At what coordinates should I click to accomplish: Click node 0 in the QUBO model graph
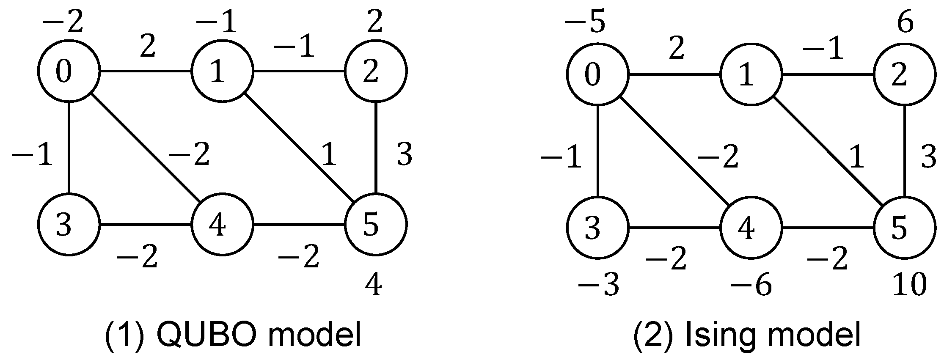69,71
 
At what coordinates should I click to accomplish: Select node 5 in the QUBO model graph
376,225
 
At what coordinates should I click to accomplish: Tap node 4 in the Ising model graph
751,228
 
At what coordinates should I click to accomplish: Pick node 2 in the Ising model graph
905,76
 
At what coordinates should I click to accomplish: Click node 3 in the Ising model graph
598,228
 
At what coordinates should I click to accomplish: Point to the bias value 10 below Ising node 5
909,285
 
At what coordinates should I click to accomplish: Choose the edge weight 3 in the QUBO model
404,154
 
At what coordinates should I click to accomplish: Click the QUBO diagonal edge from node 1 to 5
299,148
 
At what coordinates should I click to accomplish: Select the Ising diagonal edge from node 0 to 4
674,152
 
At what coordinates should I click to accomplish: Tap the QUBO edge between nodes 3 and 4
146,225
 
